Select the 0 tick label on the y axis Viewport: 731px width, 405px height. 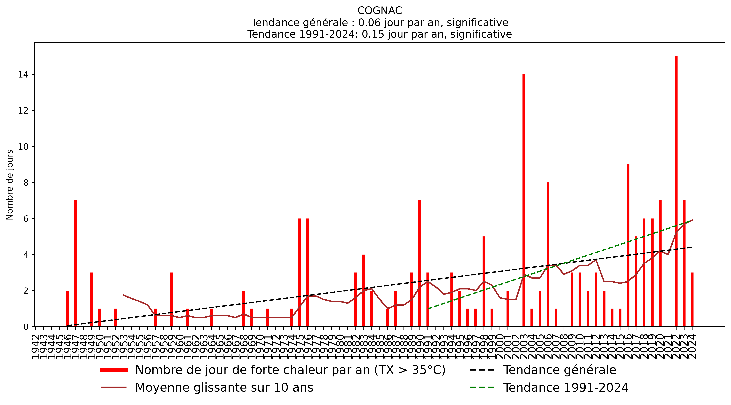pyautogui.click(x=26, y=327)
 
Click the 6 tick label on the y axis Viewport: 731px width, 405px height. pyautogui.click(x=26, y=219)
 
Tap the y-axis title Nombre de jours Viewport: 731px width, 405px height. pyautogui.click(x=10, y=185)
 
